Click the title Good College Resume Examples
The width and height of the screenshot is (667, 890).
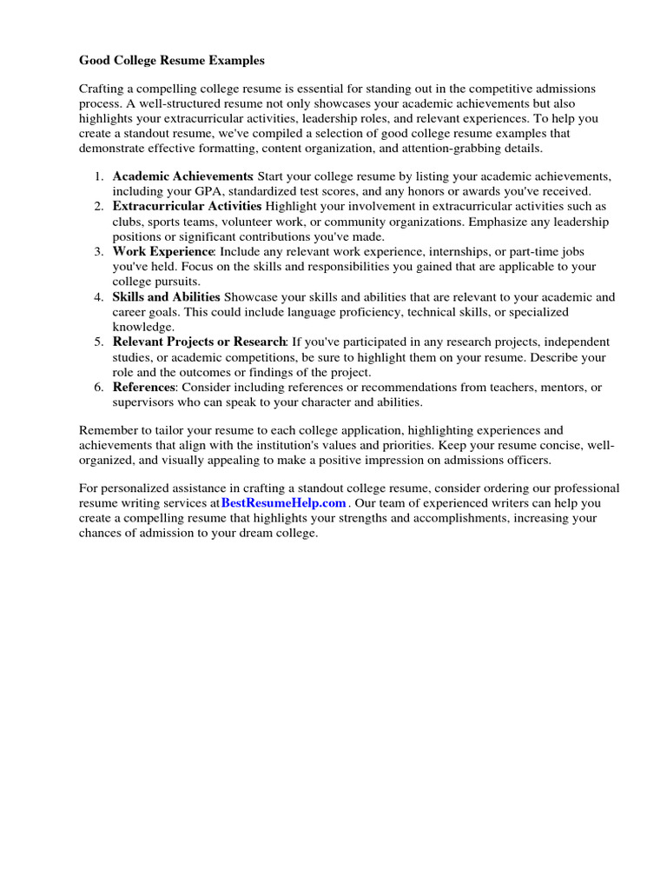click(172, 61)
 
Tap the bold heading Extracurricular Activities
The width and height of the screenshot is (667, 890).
click(187, 206)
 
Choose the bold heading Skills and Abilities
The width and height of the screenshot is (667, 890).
click(167, 296)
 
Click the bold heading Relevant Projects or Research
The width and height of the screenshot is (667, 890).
click(199, 342)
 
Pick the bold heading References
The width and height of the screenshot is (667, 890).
click(144, 387)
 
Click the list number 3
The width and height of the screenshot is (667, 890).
click(99, 251)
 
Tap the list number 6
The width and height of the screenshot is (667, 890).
click(99, 387)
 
